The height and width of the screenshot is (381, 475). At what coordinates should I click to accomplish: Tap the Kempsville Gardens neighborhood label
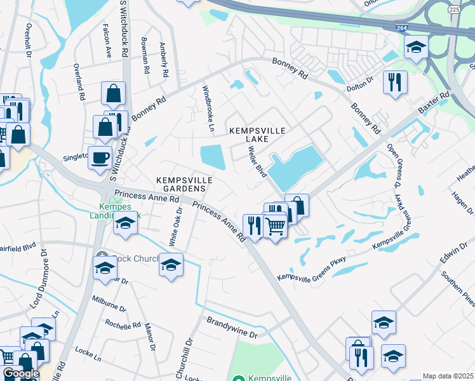point(182,184)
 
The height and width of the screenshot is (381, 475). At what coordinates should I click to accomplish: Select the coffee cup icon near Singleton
point(99,157)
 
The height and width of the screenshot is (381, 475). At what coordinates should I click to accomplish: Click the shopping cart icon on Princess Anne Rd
point(274,225)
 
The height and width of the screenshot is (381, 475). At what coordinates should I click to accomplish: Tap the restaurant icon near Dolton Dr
point(394,81)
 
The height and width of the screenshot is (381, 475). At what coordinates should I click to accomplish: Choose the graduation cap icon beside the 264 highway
point(416,46)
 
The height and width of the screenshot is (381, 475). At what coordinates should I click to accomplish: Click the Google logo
point(20,373)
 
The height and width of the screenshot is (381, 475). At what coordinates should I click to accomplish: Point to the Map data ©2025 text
point(448,376)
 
